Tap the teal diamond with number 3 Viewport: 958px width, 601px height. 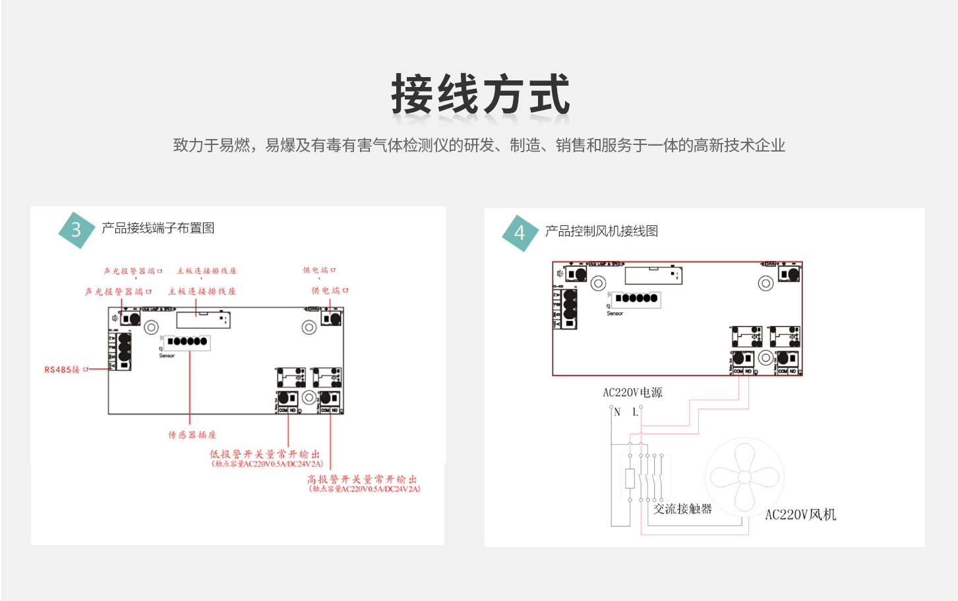(76, 229)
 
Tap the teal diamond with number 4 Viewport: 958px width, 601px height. (520, 233)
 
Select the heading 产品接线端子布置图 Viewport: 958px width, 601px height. (158, 228)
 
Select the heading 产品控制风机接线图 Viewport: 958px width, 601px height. (601, 231)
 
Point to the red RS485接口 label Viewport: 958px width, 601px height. (66, 370)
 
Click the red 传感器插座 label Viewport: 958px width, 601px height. (192, 435)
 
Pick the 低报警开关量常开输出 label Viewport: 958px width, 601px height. (264, 454)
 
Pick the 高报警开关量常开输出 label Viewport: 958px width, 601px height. (362, 479)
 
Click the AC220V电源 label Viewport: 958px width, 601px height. (632, 393)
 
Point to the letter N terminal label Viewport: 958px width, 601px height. (617, 413)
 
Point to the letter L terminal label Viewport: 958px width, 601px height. (635, 413)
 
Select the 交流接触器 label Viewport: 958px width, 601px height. (682, 509)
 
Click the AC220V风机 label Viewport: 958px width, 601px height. (800, 515)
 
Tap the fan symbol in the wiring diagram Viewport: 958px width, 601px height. (743, 477)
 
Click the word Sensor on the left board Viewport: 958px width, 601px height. (167, 356)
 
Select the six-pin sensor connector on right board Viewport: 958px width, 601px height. (636, 299)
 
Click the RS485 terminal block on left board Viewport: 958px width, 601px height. (123, 351)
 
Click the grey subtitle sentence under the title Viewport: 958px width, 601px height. (479, 146)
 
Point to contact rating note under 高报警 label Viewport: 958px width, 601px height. (365, 489)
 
